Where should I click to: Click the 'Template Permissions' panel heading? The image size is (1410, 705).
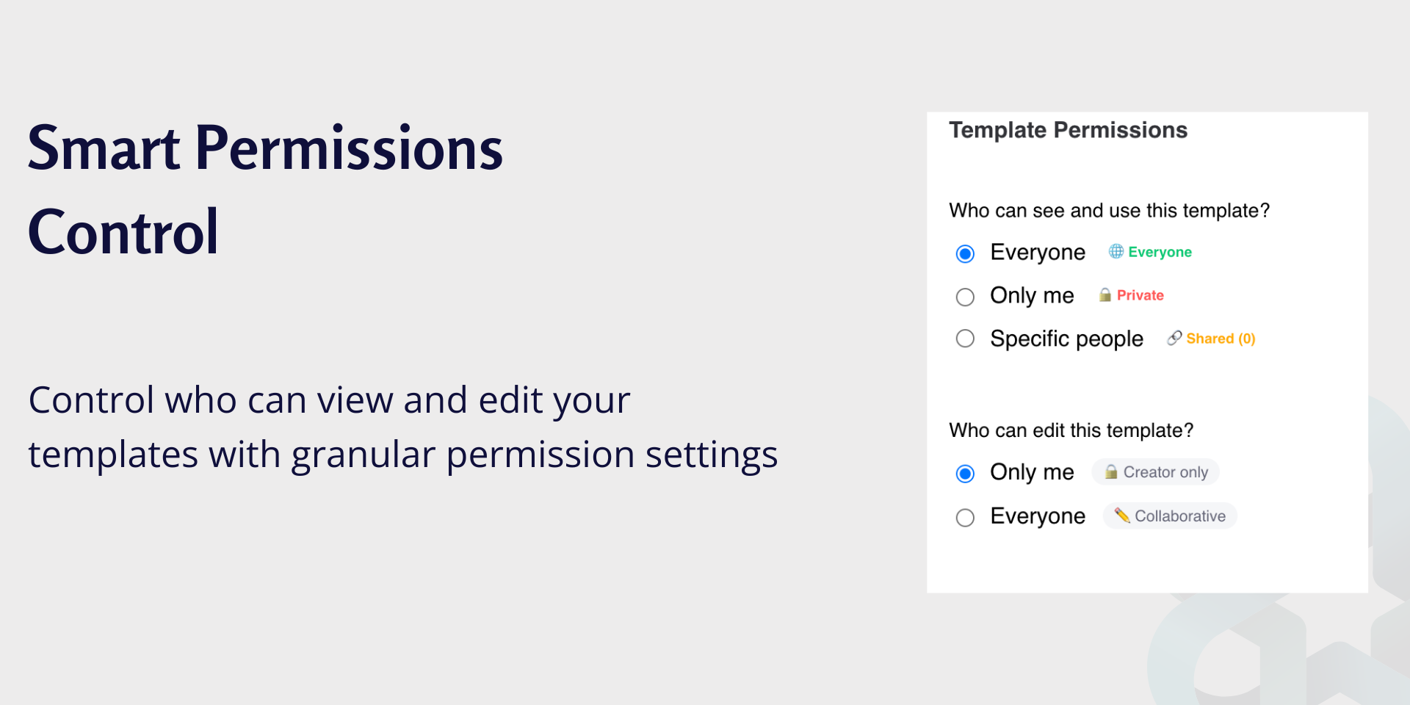[x=1068, y=130]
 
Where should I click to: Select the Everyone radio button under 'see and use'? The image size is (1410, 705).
[x=965, y=253]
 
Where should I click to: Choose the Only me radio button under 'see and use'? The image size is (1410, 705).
[x=965, y=297]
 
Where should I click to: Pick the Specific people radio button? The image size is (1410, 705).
[x=965, y=339]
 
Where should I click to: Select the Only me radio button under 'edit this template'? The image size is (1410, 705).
[x=965, y=474]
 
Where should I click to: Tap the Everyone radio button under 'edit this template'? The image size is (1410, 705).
[x=965, y=518]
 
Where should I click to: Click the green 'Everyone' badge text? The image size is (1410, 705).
[x=1160, y=253]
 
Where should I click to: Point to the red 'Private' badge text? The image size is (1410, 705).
[x=1140, y=295]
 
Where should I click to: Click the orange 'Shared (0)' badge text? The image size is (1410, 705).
[x=1221, y=339]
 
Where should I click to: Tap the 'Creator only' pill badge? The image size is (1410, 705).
[x=1155, y=472]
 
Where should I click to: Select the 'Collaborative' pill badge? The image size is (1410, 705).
[x=1170, y=516]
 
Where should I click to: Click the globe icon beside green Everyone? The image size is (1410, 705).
[x=1116, y=251]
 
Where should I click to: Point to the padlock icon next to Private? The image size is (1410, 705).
[x=1104, y=294]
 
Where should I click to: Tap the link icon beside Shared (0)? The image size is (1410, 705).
[x=1174, y=338]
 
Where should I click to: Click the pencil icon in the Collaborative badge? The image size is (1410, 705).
[x=1122, y=516]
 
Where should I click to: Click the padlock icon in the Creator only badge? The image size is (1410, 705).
[x=1111, y=471]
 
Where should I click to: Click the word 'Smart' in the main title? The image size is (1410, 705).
[x=104, y=148]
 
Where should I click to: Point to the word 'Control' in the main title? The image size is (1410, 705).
[x=123, y=232]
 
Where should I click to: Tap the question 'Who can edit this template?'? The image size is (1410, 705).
[x=1071, y=430]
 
